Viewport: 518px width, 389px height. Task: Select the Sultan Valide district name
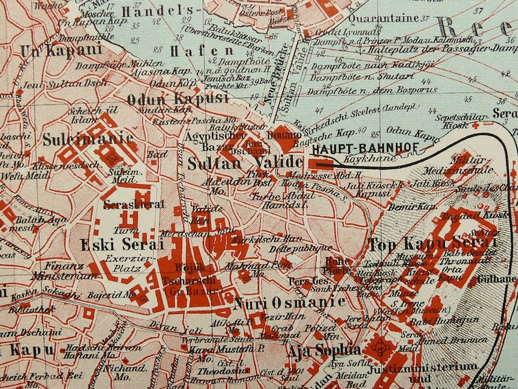[x=245, y=163]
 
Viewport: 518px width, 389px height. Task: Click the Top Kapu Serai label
[x=433, y=245]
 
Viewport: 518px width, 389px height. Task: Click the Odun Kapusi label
[x=177, y=99]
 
